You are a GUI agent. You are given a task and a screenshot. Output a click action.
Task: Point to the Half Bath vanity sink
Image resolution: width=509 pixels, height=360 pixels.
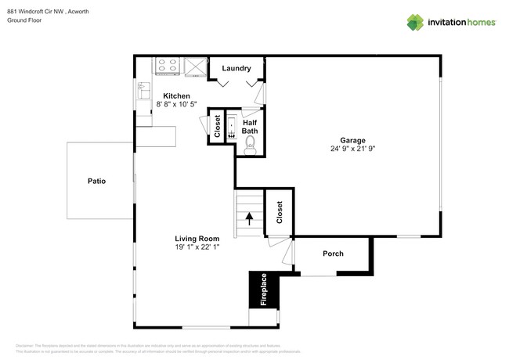pyautogui.click(x=231, y=128)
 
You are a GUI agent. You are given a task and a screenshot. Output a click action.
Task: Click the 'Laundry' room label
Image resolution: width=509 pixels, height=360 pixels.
pyautogui.click(x=236, y=69)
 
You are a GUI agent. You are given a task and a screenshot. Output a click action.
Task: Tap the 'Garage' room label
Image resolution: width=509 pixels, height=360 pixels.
pyautogui.click(x=352, y=140)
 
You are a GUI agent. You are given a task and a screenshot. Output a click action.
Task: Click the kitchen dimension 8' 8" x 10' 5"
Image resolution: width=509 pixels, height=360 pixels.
pyautogui.click(x=176, y=104)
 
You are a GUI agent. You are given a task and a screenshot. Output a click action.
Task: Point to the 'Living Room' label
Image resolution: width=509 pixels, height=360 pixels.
pyautogui.click(x=197, y=238)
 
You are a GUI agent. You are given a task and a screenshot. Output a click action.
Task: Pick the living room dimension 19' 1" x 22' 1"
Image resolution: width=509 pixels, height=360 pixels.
pyautogui.click(x=197, y=247)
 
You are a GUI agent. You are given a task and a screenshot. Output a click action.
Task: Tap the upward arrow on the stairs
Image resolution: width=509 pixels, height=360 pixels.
pyautogui.click(x=250, y=219)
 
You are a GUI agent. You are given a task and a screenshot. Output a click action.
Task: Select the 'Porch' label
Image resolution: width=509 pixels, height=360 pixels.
pyautogui.click(x=333, y=254)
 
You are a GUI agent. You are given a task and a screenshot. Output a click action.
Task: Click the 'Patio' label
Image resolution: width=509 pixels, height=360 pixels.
pyautogui.click(x=97, y=181)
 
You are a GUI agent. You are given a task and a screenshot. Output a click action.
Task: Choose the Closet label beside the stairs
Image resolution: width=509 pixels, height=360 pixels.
pyautogui.click(x=279, y=211)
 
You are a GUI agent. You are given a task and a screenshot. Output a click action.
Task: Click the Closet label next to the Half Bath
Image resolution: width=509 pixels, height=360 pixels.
pyautogui.click(x=217, y=127)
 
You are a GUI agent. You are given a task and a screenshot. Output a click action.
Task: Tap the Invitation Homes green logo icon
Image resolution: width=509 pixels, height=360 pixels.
pyautogui.click(x=416, y=22)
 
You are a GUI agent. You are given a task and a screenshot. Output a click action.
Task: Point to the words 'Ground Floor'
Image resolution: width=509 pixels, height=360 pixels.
pyautogui.click(x=23, y=21)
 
